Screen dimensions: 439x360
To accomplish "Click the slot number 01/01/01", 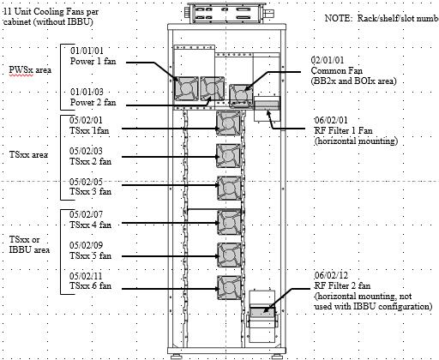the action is click(87, 51).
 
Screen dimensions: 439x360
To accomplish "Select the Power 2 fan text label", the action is click(93, 102).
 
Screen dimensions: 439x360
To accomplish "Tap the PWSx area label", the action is click(30, 69).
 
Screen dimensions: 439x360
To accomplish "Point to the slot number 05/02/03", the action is click(86, 151).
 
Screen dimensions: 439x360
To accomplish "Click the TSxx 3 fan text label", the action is click(90, 191).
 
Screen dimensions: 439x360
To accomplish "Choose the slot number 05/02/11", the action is click(86, 276).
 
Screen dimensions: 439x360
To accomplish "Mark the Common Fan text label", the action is click(337, 70).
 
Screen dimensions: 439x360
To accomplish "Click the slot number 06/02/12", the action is click(331, 275).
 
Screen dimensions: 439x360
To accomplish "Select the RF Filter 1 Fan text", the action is click(343, 130).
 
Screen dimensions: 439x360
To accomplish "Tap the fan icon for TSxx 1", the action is click(228, 123).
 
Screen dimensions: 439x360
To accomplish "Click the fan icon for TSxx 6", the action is click(230, 287).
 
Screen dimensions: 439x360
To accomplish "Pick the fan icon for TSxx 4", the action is click(230, 222).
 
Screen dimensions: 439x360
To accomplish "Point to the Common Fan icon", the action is click(241, 96).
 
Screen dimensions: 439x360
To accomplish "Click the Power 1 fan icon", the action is click(186, 88).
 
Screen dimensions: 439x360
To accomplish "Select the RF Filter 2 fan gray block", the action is click(262, 312).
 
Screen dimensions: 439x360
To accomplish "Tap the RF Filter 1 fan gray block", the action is click(267, 105).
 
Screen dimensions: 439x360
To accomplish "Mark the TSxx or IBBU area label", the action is click(29, 244).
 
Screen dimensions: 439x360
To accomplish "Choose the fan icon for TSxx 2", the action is click(228, 156).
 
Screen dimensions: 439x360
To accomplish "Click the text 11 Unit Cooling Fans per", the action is click(51, 11).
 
